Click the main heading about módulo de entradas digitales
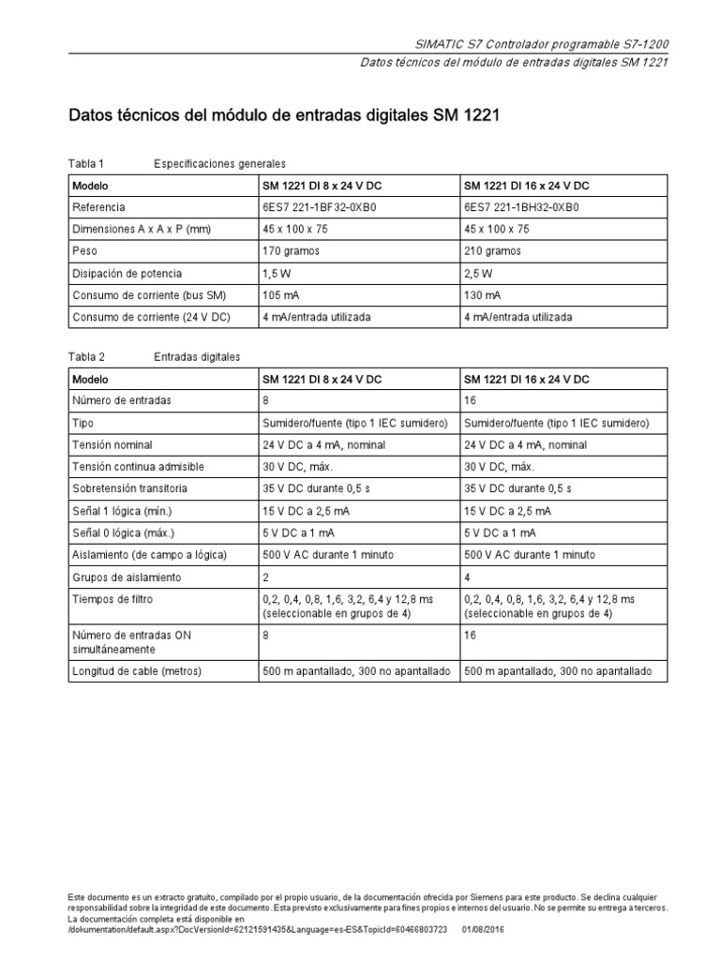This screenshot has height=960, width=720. (x=285, y=117)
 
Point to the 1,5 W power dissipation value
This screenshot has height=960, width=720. (x=279, y=274)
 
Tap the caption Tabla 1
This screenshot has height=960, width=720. (x=88, y=163)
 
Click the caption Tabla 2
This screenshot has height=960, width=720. (x=88, y=357)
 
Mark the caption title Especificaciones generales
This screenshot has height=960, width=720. (x=219, y=163)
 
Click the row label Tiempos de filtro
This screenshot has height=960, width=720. (x=112, y=598)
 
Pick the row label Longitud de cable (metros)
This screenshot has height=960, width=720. (x=137, y=671)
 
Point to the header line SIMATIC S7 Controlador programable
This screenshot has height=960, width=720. (x=541, y=45)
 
